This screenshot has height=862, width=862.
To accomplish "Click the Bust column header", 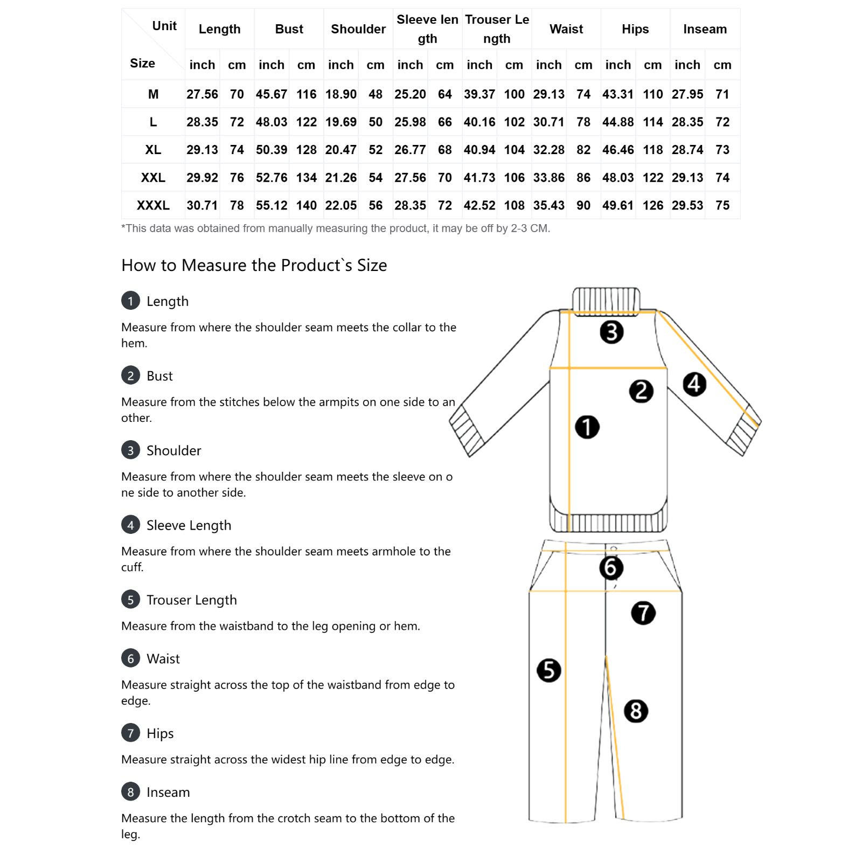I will (289, 29).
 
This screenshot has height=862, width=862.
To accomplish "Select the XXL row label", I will (153, 178).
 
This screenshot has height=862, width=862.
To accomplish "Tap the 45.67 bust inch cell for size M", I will (272, 94).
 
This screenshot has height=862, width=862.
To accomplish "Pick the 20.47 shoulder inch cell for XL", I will (340, 150).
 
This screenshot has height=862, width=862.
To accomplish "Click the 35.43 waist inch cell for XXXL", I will (548, 205).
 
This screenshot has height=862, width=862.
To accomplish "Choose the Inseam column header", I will (705, 29).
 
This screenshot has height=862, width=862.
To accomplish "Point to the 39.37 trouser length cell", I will (479, 94).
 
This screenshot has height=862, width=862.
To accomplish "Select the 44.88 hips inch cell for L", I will (618, 122).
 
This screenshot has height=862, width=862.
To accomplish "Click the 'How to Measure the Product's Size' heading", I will (254, 265).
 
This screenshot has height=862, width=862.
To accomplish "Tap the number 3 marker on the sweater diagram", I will (611, 332).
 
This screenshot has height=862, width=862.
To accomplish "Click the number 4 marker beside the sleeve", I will (694, 384).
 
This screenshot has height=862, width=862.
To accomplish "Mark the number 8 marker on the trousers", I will (636, 711).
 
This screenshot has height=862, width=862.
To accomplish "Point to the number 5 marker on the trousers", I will (548, 670).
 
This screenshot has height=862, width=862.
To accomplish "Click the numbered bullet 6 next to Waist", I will (130, 658).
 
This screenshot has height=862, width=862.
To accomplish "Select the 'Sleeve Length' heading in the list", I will (189, 525).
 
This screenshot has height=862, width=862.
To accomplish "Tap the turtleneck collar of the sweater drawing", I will (606, 300).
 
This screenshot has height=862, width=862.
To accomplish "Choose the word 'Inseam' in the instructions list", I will (168, 792).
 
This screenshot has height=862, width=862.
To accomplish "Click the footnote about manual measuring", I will (336, 228).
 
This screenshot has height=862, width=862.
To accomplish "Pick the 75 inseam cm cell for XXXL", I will (722, 205).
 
